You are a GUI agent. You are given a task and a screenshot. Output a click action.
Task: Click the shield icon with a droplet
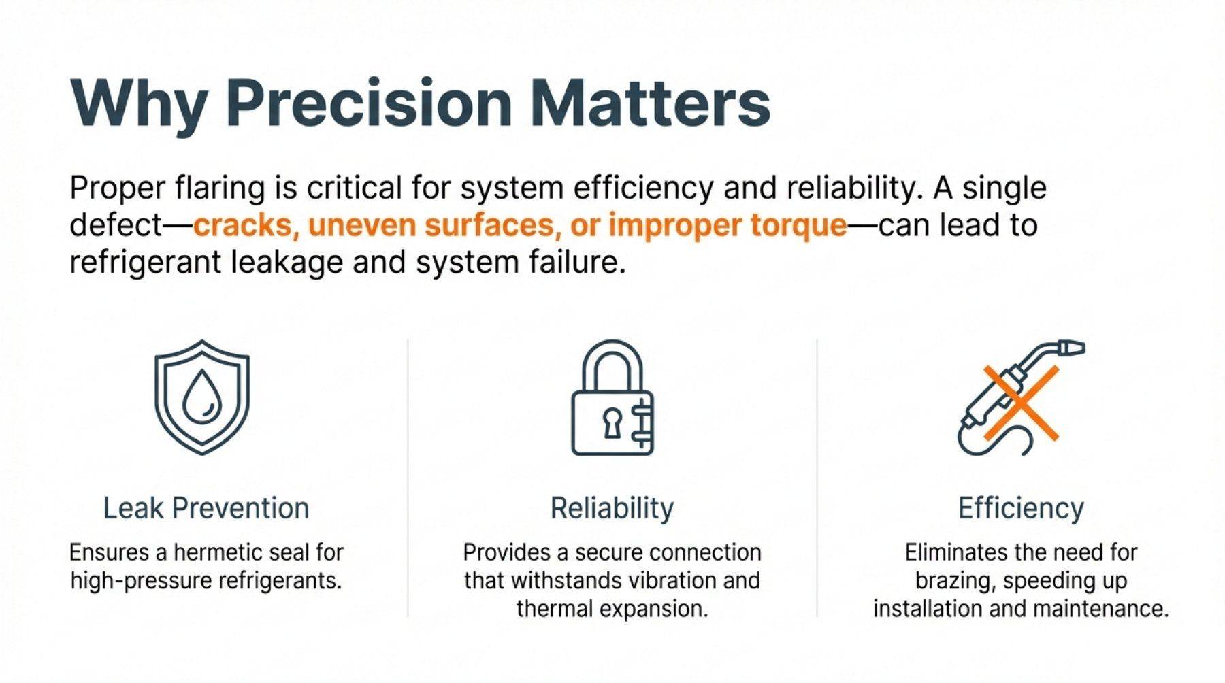click(202, 397)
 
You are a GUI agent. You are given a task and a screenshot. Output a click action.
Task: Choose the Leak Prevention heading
click(206, 508)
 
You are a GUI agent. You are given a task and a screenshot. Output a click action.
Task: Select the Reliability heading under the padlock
click(612, 508)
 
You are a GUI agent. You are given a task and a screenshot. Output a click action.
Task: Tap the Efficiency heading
click(1021, 508)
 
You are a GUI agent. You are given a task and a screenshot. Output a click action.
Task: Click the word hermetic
click(218, 552)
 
